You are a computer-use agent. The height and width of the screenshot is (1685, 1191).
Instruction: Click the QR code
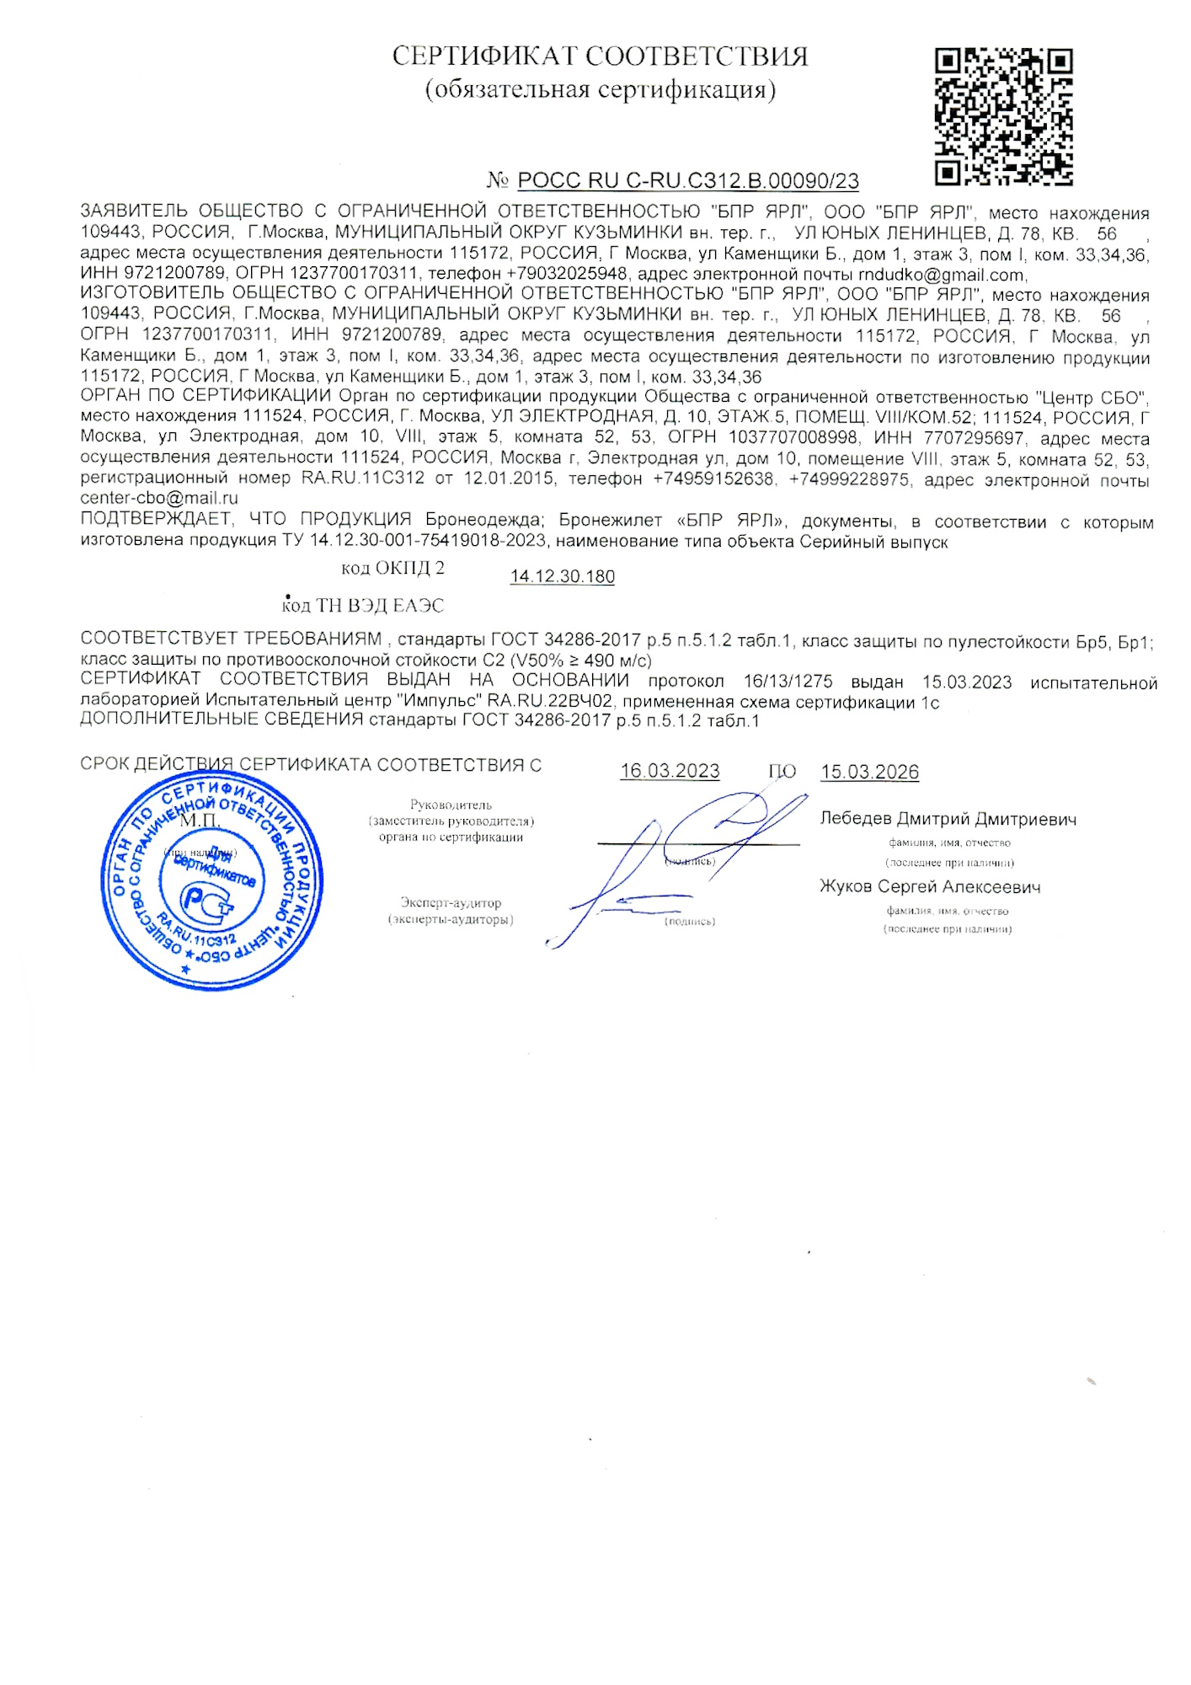1003,116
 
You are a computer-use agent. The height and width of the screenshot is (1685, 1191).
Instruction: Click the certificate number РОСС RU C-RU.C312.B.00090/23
687,180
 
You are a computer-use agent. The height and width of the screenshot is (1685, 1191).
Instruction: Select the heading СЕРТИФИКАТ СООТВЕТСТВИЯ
600,56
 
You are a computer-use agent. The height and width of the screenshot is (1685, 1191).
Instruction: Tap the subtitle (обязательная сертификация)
600,89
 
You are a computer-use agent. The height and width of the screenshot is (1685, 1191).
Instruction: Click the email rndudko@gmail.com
941,275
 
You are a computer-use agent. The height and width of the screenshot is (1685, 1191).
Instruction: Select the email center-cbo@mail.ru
159,498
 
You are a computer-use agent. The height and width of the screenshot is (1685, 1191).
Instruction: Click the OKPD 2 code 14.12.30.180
562,577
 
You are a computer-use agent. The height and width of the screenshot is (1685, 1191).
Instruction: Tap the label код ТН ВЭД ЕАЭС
362,606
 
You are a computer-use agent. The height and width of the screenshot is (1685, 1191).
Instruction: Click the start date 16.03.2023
670,771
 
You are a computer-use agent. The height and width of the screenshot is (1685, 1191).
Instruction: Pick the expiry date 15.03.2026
869,772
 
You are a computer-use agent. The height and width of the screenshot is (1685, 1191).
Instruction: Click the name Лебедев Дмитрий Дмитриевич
948,819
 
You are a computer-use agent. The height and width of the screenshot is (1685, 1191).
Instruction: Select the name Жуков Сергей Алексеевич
930,886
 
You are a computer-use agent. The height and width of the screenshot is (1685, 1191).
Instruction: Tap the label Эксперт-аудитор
451,903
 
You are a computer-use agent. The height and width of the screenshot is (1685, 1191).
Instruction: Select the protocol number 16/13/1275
788,682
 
